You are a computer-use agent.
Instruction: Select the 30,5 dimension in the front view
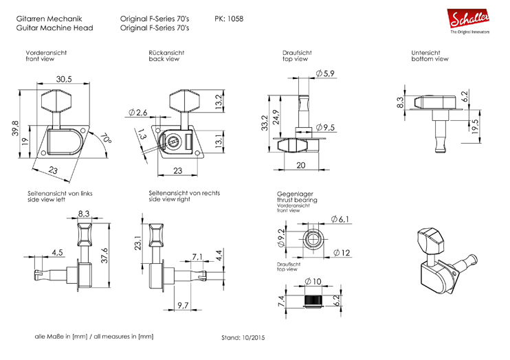point(65,80)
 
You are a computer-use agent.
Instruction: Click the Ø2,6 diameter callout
point(137,112)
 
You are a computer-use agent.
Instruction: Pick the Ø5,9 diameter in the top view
point(324,74)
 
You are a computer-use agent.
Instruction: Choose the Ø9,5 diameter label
point(325,127)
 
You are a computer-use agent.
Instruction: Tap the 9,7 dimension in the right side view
point(184,304)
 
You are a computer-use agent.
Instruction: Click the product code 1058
point(234,19)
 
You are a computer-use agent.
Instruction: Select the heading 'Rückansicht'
point(166,52)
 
